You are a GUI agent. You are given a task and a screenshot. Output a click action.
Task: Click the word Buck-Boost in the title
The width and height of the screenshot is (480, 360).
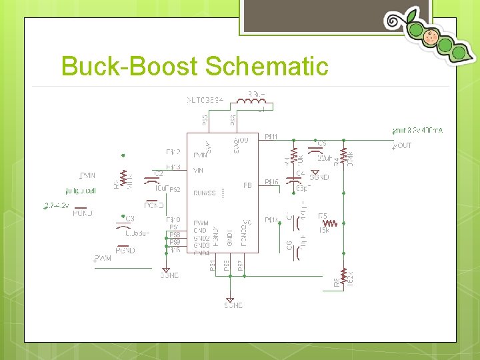(x=129, y=67)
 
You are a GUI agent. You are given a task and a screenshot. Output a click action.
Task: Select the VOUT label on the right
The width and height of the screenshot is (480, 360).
(x=403, y=145)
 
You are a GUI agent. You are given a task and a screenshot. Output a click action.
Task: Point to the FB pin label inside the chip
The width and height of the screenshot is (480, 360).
(x=247, y=185)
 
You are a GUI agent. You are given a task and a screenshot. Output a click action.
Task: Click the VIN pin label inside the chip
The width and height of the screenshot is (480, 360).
(x=198, y=171)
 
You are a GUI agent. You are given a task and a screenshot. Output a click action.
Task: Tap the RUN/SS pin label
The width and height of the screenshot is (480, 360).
(x=205, y=193)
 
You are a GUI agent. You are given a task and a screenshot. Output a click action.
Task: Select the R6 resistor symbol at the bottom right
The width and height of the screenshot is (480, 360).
(x=343, y=275)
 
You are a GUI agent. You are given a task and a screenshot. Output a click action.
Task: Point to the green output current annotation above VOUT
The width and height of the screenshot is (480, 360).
(x=418, y=131)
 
